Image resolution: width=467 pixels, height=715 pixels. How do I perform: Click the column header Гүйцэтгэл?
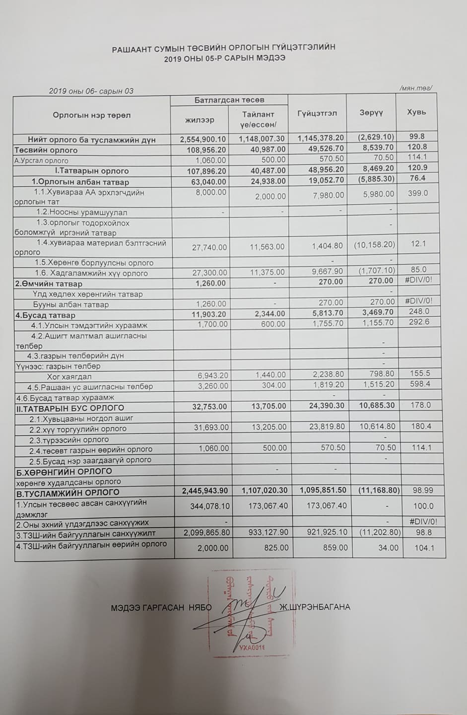click(x=317, y=113)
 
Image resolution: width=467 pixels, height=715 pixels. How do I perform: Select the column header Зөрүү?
click(x=371, y=113)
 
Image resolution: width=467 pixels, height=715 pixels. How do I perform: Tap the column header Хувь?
click(x=416, y=112)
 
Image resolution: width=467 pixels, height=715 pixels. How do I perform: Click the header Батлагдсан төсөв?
click(x=229, y=100)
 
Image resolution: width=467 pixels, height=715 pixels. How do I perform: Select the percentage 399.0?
click(x=418, y=193)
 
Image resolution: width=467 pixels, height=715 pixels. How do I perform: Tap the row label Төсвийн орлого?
click(x=46, y=150)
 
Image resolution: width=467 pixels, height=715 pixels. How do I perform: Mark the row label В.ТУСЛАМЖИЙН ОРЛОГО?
click(x=67, y=493)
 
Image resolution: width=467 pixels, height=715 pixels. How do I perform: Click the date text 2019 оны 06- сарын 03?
click(x=91, y=91)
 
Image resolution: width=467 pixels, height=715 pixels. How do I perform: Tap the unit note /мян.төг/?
click(x=415, y=88)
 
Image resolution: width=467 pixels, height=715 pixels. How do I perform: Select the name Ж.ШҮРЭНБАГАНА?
click(x=315, y=607)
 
